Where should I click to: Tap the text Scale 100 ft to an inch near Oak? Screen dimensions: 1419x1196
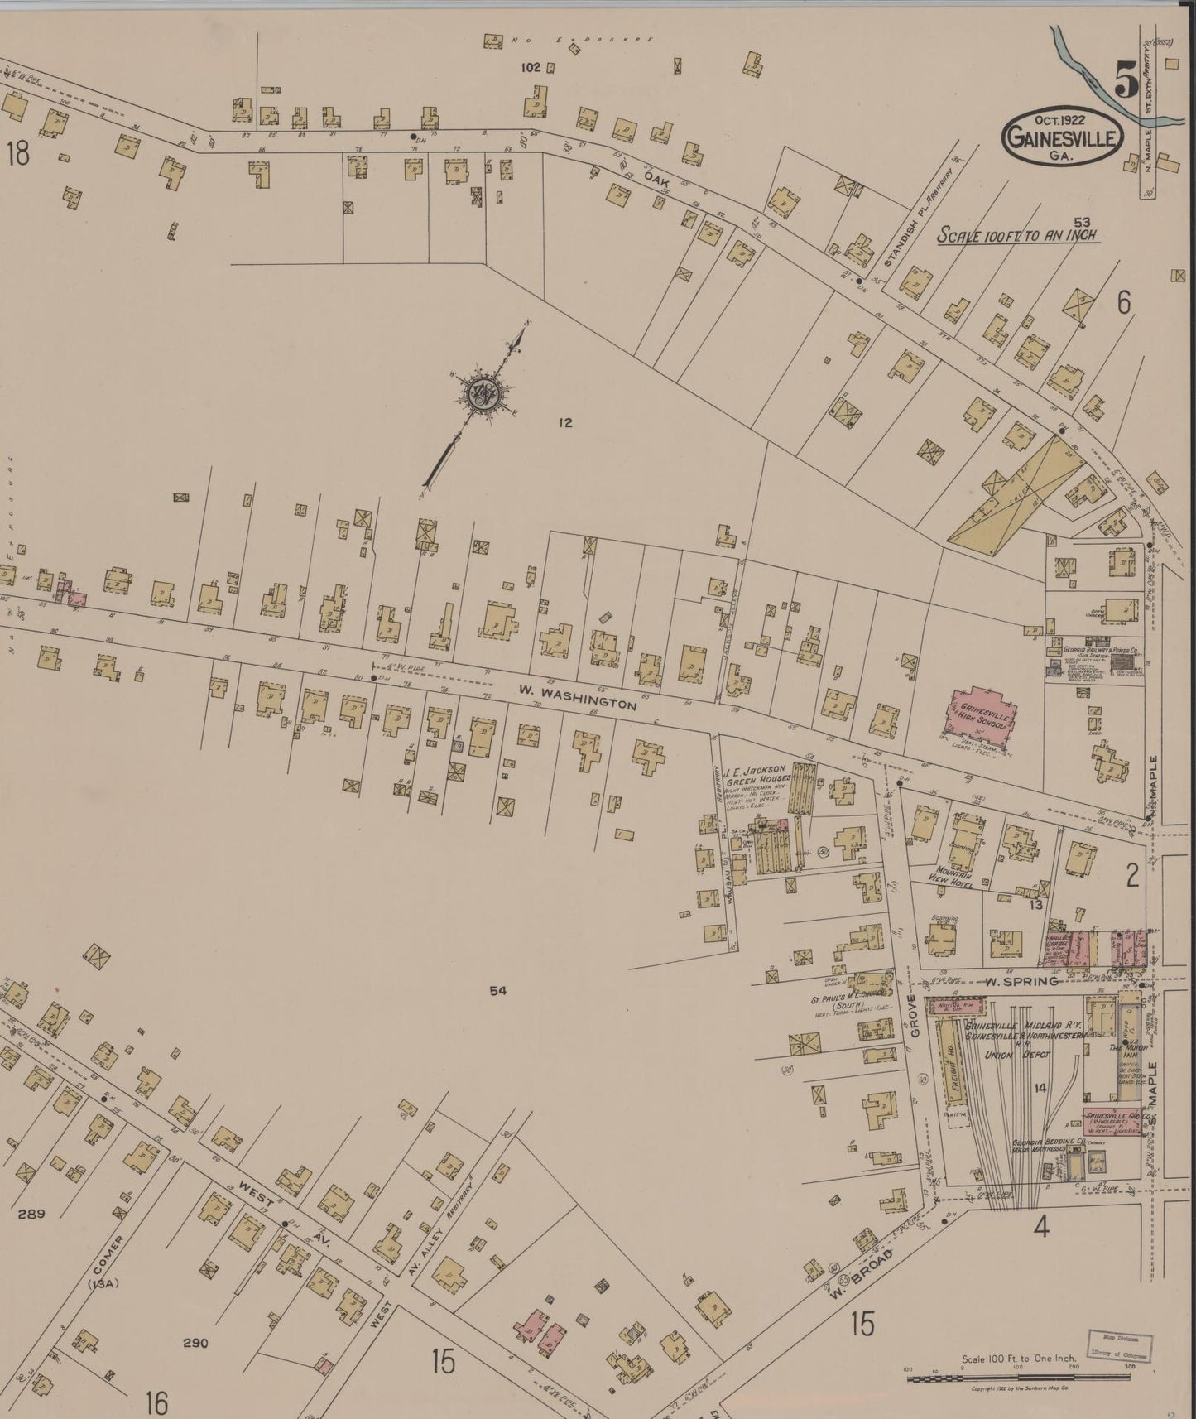click(x=1016, y=235)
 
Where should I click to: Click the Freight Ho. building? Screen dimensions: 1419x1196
click(x=953, y=1063)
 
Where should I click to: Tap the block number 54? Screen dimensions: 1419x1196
click(x=497, y=991)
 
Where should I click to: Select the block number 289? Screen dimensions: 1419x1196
click(x=30, y=1215)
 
